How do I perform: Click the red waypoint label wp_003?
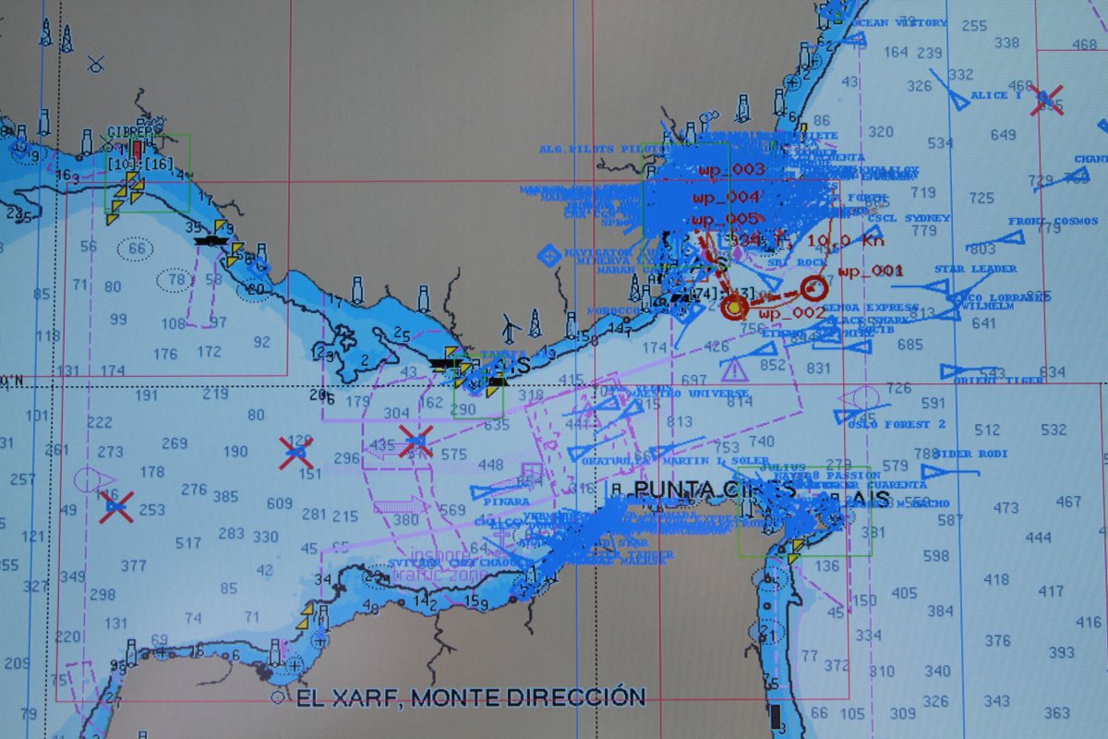coord(731,170)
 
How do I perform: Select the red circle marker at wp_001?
coord(813,286)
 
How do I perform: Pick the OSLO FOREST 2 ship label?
coord(902,424)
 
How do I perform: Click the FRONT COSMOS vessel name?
coord(1053,222)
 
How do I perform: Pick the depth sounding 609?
coord(280,503)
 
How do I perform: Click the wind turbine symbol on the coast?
coord(510,326)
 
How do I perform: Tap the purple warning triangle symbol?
coord(734,370)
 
